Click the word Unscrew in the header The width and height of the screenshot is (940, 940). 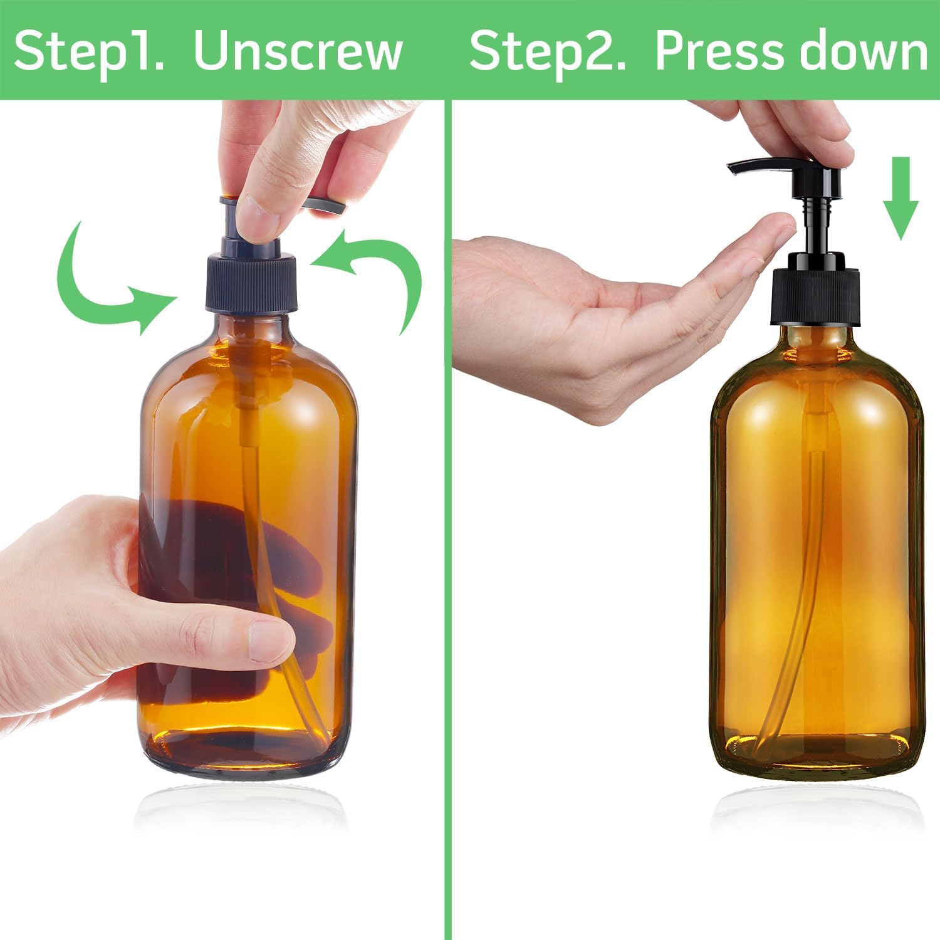298,51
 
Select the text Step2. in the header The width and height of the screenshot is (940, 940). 548,51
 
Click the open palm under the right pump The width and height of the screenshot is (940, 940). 602,313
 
